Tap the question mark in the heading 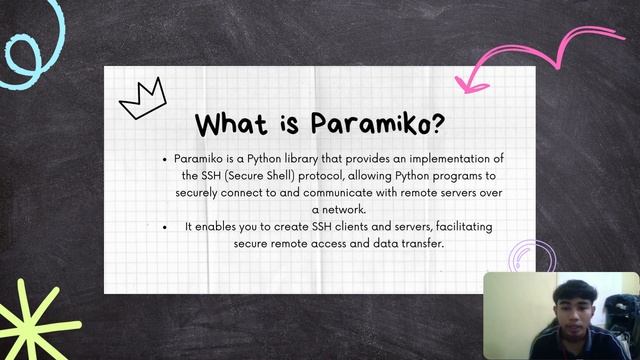point(437,125)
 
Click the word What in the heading point(231,125)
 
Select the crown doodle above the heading point(143,97)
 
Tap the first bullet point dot point(165,159)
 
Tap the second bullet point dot point(165,227)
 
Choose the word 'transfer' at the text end point(419,243)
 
